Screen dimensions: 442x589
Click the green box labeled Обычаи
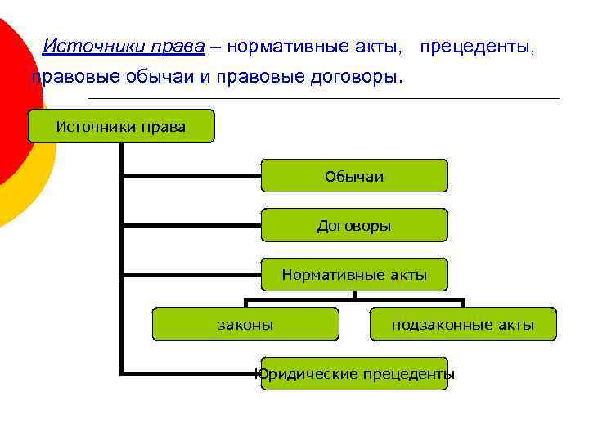coord(354,176)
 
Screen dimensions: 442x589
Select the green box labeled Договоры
coord(354,225)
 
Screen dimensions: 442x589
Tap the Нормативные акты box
coord(354,275)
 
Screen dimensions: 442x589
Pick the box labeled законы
coord(245,325)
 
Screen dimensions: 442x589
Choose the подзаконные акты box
coord(463,325)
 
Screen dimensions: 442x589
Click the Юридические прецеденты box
coord(354,374)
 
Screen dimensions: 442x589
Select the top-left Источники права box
coord(121,126)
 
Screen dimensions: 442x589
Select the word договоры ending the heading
coord(355,78)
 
